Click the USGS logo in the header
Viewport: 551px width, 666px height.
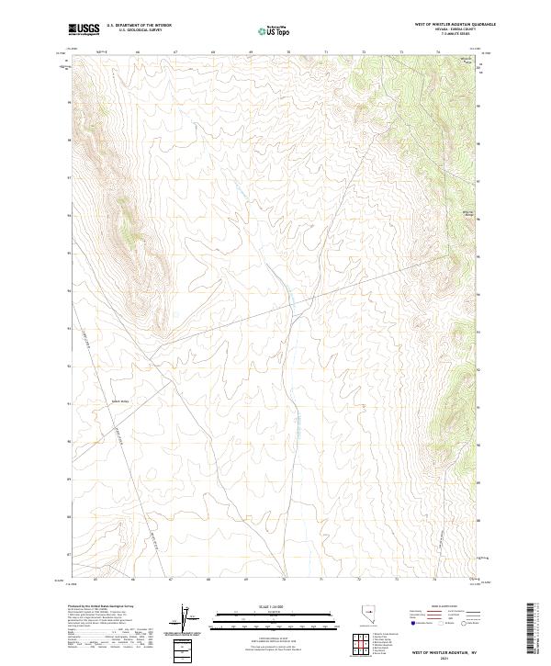pos(84,30)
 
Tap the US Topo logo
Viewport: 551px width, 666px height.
pos(274,31)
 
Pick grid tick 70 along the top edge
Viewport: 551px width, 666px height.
pos(288,53)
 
